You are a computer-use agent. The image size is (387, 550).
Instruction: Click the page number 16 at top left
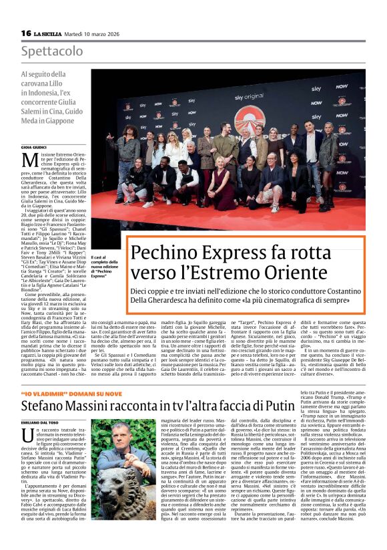(x=26, y=33)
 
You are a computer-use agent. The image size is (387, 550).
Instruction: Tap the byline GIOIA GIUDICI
(x=35, y=146)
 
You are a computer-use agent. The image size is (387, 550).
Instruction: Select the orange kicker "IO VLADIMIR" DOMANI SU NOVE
(x=62, y=393)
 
